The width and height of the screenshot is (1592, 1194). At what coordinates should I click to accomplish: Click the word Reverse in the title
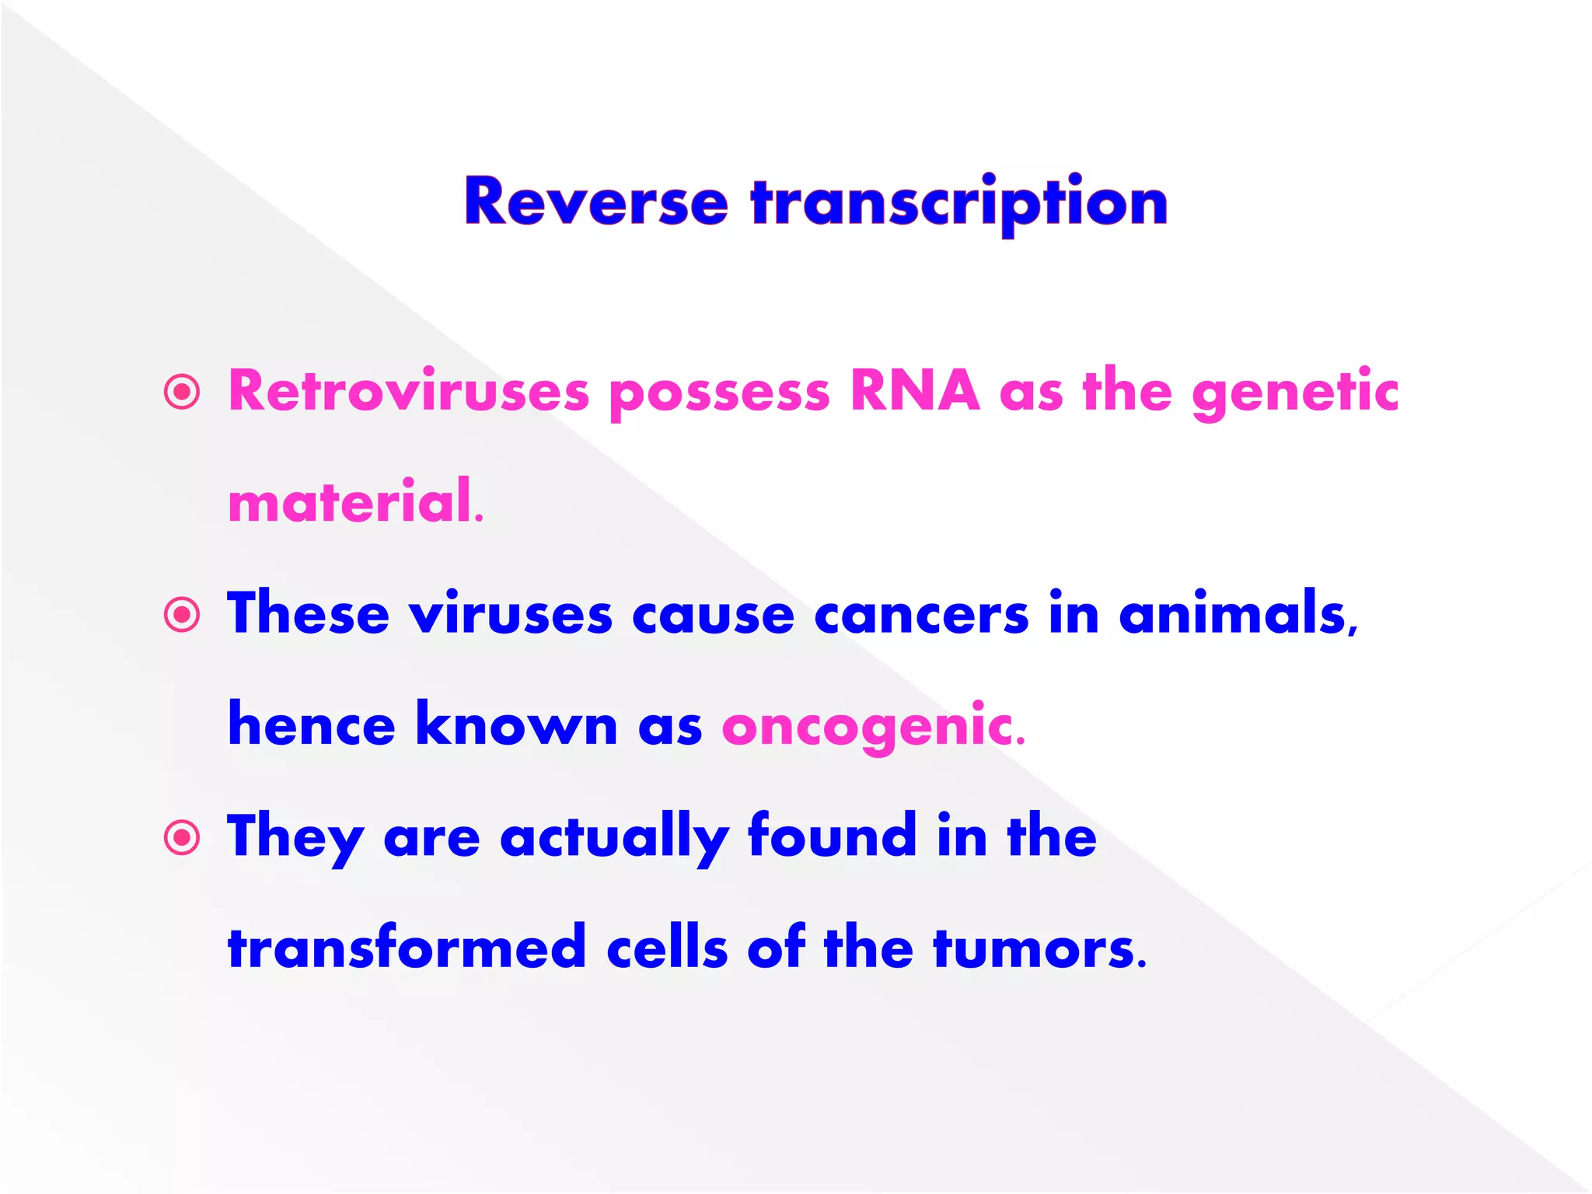click(x=595, y=202)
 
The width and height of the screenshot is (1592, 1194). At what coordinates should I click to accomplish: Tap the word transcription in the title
click(x=958, y=202)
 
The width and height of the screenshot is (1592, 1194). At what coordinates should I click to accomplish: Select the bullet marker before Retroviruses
click(x=183, y=392)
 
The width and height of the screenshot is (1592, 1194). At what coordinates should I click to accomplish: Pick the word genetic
click(x=1295, y=393)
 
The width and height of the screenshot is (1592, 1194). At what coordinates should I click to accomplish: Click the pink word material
click(x=354, y=502)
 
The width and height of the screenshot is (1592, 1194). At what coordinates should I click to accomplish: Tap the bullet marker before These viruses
click(x=183, y=615)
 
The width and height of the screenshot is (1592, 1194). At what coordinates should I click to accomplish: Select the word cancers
click(x=921, y=615)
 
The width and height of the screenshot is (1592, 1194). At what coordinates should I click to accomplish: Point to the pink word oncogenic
click(x=872, y=726)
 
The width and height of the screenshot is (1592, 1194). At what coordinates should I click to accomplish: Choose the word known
click(x=516, y=724)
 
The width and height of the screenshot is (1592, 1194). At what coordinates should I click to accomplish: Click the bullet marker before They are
click(x=183, y=838)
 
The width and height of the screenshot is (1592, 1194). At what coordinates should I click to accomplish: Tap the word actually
click(x=614, y=838)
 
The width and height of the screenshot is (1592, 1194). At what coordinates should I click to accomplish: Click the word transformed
click(x=407, y=948)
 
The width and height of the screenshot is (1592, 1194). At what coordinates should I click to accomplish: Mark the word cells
click(x=667, y=948)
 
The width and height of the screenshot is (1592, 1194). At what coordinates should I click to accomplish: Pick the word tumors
click(x=1039, y=949)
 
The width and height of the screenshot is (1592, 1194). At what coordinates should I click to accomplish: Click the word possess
click(x=720, y=393)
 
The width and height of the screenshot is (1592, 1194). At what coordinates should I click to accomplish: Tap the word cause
click(x=713, y=616)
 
